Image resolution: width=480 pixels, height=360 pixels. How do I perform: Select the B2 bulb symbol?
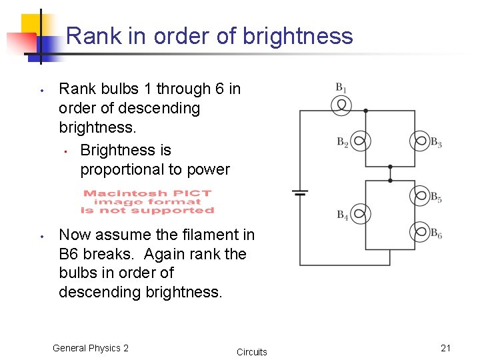pos(361,141)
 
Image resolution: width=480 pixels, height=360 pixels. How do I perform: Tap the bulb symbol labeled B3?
pos(420,141)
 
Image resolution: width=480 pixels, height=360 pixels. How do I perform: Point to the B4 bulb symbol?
pos(361,214)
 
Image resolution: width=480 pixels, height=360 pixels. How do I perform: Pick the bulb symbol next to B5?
pos(420,196)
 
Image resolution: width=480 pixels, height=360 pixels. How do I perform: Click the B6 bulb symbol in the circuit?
pos(420,232)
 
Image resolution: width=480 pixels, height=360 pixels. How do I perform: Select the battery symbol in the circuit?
pos(300,193)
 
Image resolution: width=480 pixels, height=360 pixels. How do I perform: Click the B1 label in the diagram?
pos(341,87)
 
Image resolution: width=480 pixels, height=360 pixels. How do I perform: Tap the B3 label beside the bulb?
pos(436,142)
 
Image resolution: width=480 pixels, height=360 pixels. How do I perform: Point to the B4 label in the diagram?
pos(342,215)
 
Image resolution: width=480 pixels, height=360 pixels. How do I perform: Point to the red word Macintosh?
pos(115,193)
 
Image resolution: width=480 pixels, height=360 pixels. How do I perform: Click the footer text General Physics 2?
pos(90,348)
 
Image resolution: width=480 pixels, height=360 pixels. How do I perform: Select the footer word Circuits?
pos(251,352)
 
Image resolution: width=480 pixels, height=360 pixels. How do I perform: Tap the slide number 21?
pos(446,348)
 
